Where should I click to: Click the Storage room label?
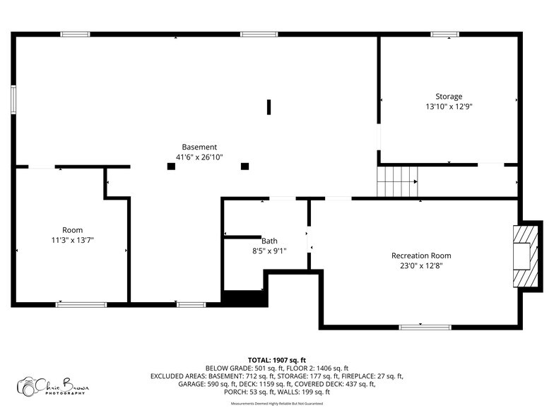click(x=449, y=97)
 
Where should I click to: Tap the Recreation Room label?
click(x=421, y=255)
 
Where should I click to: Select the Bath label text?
click(x=269, y=241)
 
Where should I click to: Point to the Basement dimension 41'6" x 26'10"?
click(x=199, y=157)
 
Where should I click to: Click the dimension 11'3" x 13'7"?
click(x=72, y=240)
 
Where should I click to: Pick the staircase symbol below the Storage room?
click(x=397, y=181)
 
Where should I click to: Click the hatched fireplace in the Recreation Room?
click(x=526, y=256)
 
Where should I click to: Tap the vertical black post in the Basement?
click(x=269, y=107)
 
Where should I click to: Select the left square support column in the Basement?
click(x=171, y=167)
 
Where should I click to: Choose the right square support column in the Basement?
click(x=244, y=167)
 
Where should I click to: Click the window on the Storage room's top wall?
click(x=445, y=34)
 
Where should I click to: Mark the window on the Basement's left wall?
click(x=13, y=100)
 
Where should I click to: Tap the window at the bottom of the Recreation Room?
click(x=425, y=327)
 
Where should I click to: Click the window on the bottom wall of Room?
click(x=81, y=305)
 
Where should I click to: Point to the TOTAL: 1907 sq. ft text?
click(x=277, y=360)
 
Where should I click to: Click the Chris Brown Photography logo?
click(x=53, y=386)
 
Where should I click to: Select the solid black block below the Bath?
click(x=244, y=299)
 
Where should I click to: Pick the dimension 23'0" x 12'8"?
click(x=421, y=265)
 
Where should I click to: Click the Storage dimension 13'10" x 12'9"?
click(x=449, y=107)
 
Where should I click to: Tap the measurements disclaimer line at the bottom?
click(x=277, y=404)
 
